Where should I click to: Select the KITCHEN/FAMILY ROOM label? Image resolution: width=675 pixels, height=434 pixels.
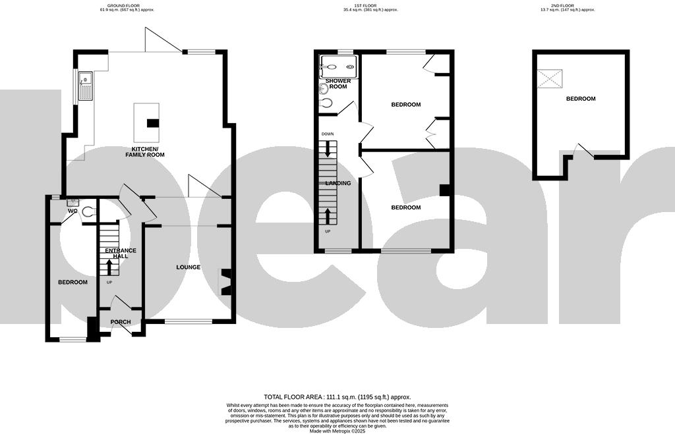[148, 151]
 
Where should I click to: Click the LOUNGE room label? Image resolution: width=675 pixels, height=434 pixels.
[188, 267]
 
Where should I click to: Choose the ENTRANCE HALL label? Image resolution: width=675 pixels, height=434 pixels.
[120, 253]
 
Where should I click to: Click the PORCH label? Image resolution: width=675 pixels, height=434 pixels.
[121, 322]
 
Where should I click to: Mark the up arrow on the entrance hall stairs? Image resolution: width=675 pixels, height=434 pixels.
[109, 265]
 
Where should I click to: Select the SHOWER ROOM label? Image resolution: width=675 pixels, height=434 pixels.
[338, 84]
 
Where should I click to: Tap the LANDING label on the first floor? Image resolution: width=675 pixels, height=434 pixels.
[337, 183]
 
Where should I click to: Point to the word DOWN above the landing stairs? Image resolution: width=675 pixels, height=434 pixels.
[328, 134]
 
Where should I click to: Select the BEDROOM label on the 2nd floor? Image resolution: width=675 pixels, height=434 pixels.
[580, 99]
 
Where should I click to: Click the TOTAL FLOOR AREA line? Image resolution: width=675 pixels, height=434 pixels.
[337, 397]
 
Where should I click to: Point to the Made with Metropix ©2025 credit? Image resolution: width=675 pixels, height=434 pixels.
[337, 431]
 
